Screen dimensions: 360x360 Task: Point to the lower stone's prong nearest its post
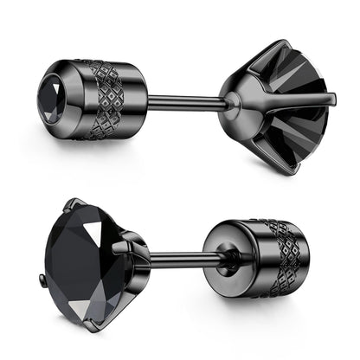[130, 250]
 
